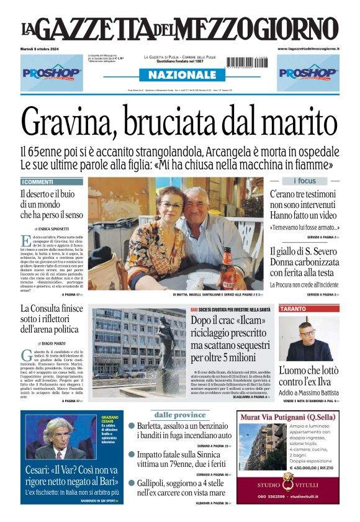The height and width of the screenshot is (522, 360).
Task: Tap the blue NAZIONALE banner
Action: pyautogui.click(x=181, y=74)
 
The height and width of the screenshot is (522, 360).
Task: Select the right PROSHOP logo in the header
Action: pyautogui.click(x=308, y=72)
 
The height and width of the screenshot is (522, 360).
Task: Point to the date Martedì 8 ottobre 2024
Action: pyautogui.click(x=43, y=48)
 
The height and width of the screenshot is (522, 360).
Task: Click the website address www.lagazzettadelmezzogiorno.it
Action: pyautogui.click(x=308, y=48)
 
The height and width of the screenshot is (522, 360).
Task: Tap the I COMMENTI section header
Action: pyautogui.click(x=38, y=182)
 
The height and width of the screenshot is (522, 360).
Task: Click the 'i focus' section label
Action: pyautogui.click(x=304, y=181)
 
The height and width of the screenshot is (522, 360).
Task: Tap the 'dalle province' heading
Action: pyautogui.click(x=180, y=415)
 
